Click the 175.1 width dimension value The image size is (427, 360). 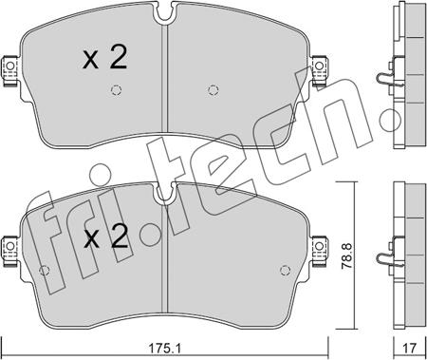click(x=164, y=349)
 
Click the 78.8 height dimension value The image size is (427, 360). click(x=347, y=256)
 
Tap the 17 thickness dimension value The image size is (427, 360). click(x=410, y=349)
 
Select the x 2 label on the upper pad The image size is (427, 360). click(x=105, y=57)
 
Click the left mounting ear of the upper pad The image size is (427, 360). click(x=9, y=70)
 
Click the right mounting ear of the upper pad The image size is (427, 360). click(x=320, y=70)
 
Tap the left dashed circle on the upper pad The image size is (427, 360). click(x=116, y=90)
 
